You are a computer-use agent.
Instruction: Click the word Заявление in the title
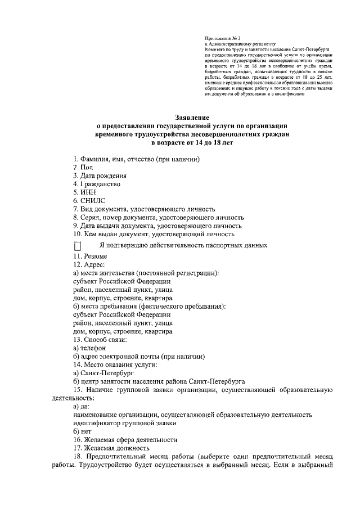click(x=192, y=118)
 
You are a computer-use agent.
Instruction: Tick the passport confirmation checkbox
click(x=78, y=246)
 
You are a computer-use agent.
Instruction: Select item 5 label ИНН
click(x=83, y=192)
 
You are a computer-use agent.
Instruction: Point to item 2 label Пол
click(x=83, y=167)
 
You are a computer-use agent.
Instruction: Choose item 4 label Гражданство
click(x=96, y=184)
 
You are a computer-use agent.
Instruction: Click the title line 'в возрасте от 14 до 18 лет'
click(x=192, y=143)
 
